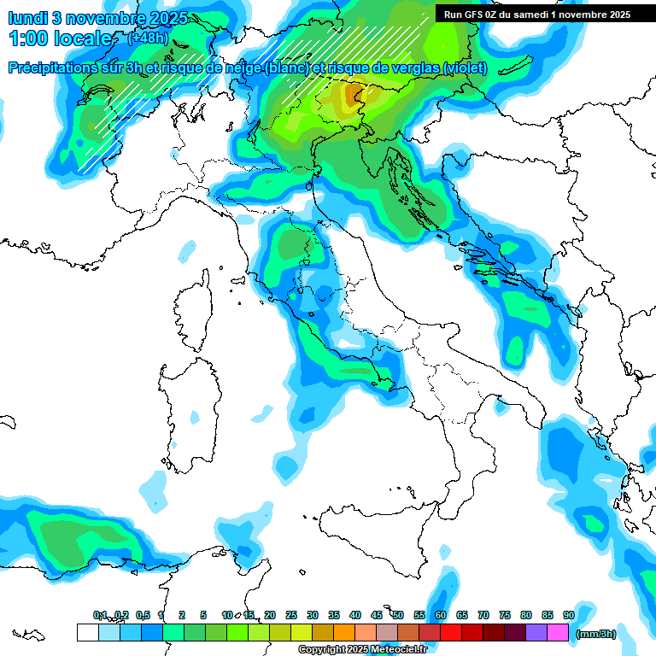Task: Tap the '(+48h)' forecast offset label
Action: point(147,38)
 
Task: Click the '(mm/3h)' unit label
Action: point(596,633)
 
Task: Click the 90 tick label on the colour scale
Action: point(568,615)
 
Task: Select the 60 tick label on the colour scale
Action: point(440,615)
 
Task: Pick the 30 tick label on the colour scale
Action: point(313,615)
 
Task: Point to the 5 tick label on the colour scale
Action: point(203,615)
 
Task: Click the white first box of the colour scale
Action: point(87,632)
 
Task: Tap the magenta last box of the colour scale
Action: point(558,632)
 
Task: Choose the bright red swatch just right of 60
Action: point(451,632)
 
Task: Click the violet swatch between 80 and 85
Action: point(536,632)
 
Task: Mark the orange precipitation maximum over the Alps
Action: point(352,93)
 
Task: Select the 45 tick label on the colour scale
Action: point(377,615)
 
